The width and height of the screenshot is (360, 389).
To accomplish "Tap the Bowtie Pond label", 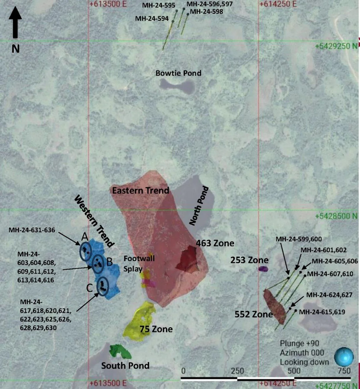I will [x=178, y=73].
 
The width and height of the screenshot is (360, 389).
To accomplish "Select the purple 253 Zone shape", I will [x=263, y=269].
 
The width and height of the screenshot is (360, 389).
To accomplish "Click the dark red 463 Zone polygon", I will [x=188, y=258].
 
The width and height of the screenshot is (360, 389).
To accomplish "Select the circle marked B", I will [x=98, y=263].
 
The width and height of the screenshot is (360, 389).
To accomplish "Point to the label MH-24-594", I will [x=152, y=18].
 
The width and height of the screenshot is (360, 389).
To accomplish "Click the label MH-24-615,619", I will [x=322, y=312].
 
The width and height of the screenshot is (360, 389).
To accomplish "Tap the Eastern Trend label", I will [x=141, y=190].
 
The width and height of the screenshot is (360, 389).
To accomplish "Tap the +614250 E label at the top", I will [x=278, y=4].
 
